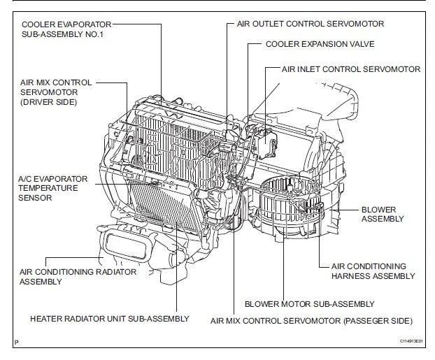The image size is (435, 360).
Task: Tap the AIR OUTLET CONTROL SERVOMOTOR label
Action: [x=312, y=24]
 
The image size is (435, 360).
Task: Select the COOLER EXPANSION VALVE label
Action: [x=320, y=43]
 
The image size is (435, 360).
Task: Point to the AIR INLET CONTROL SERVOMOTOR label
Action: [x=350, y=69]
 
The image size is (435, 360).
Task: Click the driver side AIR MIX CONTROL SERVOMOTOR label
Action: [x=54, y=92]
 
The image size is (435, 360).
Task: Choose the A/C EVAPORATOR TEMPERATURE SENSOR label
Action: [x=52, y=188]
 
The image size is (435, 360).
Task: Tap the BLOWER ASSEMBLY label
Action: [x=382, y=214]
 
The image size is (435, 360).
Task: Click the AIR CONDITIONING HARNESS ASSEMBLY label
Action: [x=367, y=271]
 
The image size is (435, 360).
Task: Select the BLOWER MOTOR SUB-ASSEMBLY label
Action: [x=309, y=304]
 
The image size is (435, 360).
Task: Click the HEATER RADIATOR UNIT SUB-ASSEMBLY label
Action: [x=109, y=319]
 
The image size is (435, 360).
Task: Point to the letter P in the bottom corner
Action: [x=15, y=342]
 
